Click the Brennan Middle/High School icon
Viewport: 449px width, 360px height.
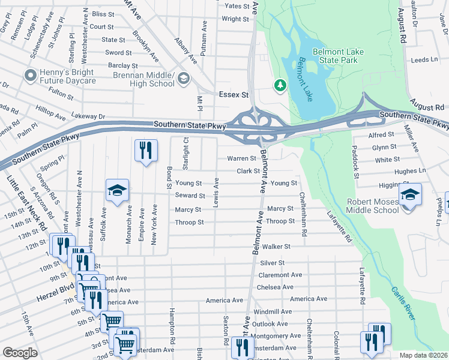[x=184, y=79]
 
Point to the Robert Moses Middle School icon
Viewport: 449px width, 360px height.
[x=411, y=195]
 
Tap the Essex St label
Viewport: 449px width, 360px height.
[x=234, y=95]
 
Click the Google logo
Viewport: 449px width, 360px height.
[x=20, y=353]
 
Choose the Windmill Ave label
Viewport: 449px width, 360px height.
[x=273, y=312]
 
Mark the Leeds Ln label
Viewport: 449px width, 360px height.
[x=425, y=60]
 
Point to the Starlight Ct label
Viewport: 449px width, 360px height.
[x=185, y=154]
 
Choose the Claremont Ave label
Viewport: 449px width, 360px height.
[x=280, y=275]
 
